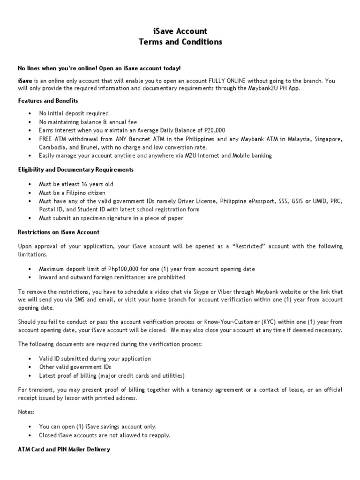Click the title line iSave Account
pyautogui.click(x=180, y=31)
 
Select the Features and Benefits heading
pyautogui.click(x=48, y=101)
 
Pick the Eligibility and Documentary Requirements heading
pyautogui.click(x=75, y=170)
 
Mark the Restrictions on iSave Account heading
pyautogui.click(x=59, y=232)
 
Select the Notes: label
pyautogui.click(x=27, y=412)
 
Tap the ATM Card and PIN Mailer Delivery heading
pyautogui.click(x=64, y=449)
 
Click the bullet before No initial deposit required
pyautogui.click(x=30, y=113)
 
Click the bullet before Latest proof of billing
pyautogui.click(x=30, y=375)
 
